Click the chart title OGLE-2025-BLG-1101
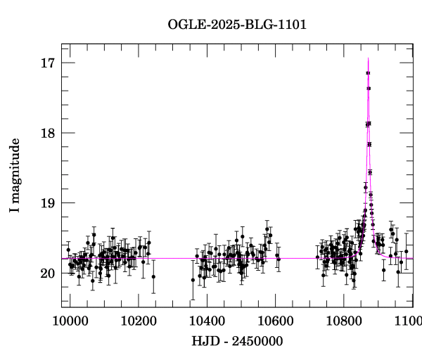tap(237, 25)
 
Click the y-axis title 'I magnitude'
tap(15, 176)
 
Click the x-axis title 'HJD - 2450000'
tap(238, 342)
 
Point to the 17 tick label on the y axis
tap(49, 63)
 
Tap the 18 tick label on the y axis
tap(49, 133)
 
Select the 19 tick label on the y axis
tap(49, 203)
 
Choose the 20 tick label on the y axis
tap(49, 273)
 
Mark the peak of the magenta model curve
tap(368, 58)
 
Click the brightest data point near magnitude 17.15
tap(368, 73)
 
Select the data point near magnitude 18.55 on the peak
tap(370, 172)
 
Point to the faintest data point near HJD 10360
tap(193, 280)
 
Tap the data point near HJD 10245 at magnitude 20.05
tap(153, 276)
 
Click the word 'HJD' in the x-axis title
tap(204, 342)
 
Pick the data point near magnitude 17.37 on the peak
tap(369, 89)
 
